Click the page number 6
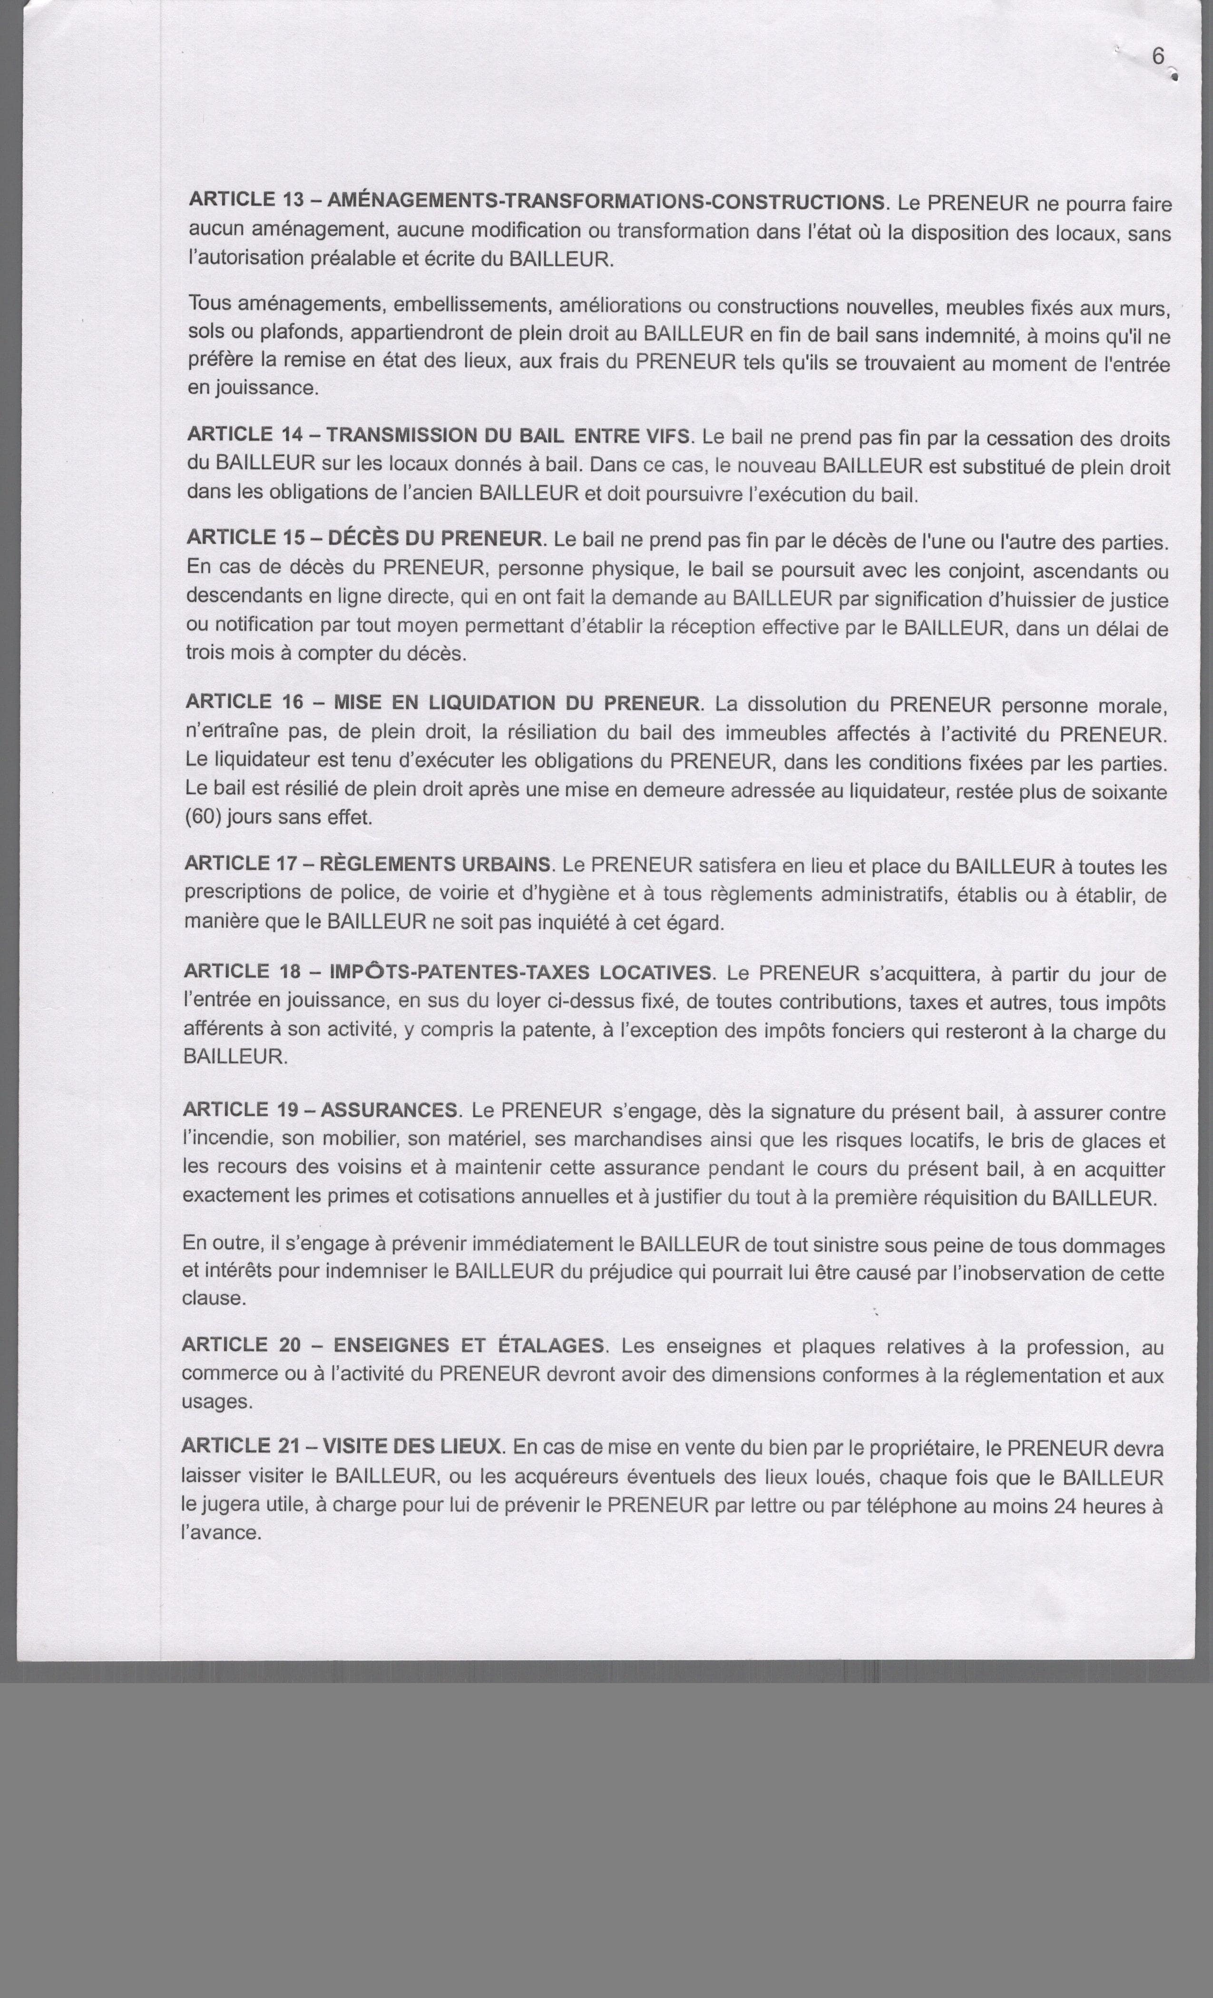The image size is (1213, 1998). tap(1158, 56)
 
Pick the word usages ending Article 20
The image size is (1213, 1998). tap(216, 1402)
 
